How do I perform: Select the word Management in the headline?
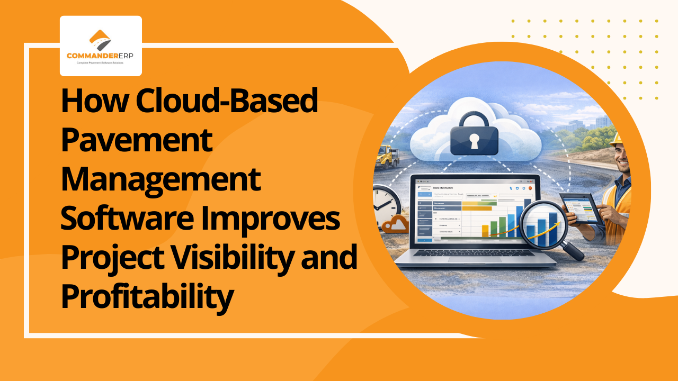(160, 179)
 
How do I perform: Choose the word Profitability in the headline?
(147, 296)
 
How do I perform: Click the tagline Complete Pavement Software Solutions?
(101, 63)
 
